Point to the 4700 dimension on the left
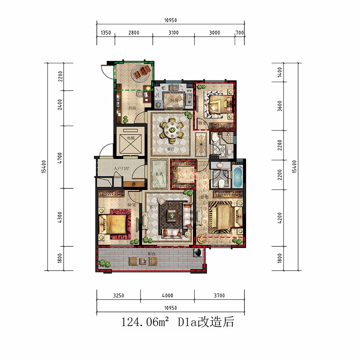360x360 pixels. click(60, 156)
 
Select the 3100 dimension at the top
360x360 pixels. click(173, 33)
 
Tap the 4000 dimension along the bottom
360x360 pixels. click(168, 296)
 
